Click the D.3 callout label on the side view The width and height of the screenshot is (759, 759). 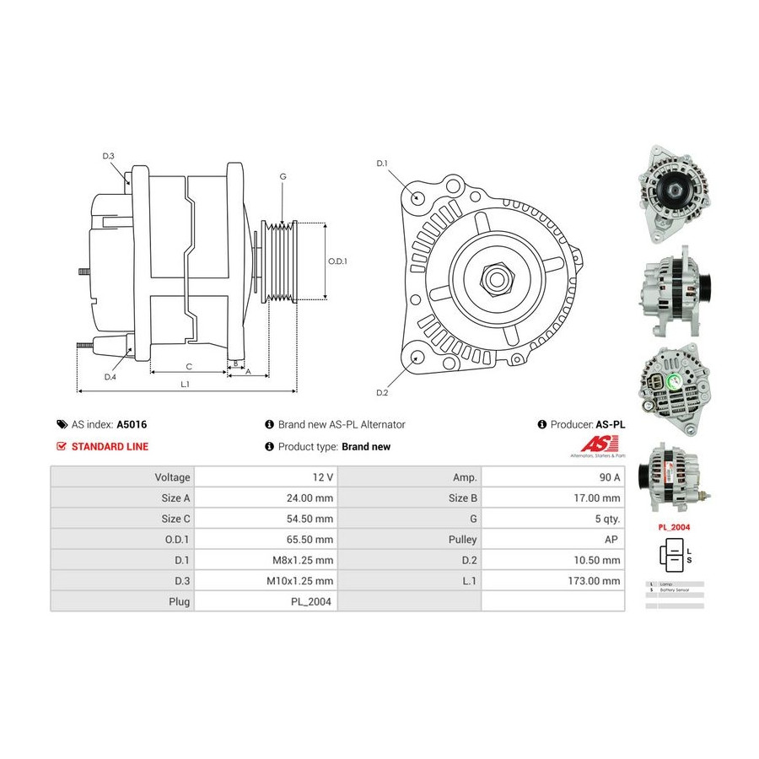108,156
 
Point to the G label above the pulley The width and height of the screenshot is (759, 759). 283,176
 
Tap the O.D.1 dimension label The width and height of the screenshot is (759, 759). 337,261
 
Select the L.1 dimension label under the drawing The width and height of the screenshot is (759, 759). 185,384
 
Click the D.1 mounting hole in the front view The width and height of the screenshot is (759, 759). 418,198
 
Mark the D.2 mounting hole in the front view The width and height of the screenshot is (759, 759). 417,358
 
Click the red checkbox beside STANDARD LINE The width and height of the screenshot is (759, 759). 61,446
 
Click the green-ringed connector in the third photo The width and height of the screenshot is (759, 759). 675,383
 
